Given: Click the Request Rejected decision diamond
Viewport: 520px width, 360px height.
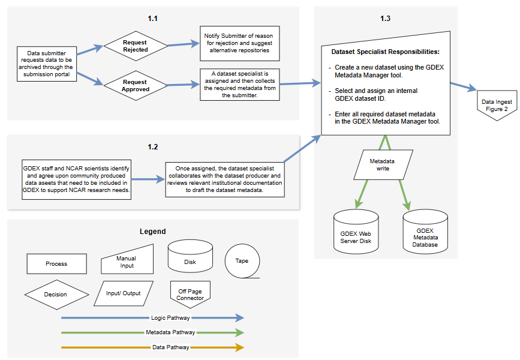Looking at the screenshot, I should pyautogui.click(x=135, y=46).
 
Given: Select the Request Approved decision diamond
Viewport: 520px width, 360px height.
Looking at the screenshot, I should pyautogui.click(x=135, y=85).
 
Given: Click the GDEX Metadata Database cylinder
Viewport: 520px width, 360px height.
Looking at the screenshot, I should pyautogui.click(x=425, y=232).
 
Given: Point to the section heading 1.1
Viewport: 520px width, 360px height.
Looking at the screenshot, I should pyautogui.click(x=152, y=19).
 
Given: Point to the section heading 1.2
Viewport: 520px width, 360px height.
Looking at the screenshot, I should pyautogui.click(x=152, y=146).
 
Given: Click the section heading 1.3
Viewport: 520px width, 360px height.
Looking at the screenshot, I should pyautogui.click(x=385, y=19).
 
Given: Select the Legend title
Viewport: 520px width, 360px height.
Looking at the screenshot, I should pyautogui.click(x=152, y=232).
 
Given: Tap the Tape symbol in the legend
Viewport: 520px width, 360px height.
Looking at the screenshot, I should pyautogui.click(x=242, y=261).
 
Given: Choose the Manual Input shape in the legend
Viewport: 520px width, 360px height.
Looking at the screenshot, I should pyautogui.click(x=126, y=262).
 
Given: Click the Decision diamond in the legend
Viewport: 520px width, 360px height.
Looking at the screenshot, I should pyautogui.click(x=56, y=294).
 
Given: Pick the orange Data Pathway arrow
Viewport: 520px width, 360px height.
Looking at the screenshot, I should pyautogui.click(x=152, y=347).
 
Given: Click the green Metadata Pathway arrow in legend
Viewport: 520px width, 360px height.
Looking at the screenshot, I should pyautogui.click(x=152, y=332).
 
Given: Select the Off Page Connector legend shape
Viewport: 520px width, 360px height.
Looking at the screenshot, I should pyautogui.click(x=190, y=295).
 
